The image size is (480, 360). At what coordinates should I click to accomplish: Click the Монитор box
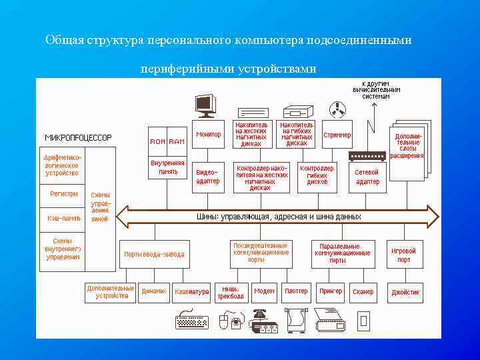208,135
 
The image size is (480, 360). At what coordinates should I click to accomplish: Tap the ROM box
158,141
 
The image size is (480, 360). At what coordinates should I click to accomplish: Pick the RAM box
177,141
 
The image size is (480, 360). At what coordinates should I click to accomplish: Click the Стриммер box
337,135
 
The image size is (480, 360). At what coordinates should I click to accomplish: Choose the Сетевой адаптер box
367,177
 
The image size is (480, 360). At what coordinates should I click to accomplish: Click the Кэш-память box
64,218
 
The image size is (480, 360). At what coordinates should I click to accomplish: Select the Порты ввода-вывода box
154,254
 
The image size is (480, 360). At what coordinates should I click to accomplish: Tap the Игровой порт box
404,254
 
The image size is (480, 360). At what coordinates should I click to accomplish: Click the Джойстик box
405,292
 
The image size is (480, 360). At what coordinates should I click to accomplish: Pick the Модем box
264,292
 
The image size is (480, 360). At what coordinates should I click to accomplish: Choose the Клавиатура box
191,292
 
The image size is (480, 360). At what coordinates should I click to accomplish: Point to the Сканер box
363,292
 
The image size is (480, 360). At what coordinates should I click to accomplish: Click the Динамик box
154,292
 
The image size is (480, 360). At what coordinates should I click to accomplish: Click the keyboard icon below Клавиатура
191,323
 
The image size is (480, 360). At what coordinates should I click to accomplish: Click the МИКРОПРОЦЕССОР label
78,138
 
